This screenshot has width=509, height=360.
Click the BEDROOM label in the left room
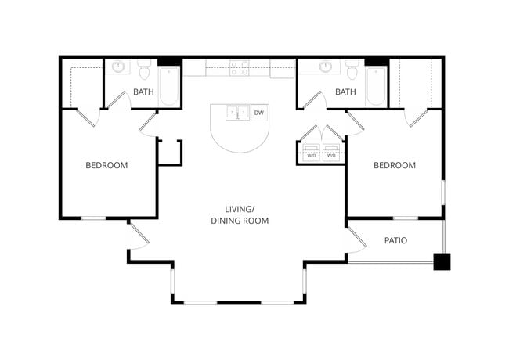pyautogui.click(x=106, y=165)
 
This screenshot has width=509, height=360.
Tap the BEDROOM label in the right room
pyautogui.click(x=394, y=165)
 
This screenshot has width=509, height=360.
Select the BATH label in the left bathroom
pyautogui.click(x=143, y=92)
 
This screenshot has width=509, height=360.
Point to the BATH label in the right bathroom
pyautogui.click(x=345, y=92)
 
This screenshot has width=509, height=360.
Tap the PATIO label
pyautogui.click(x=395, y=240)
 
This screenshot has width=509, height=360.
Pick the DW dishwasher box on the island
pyautogui.click(x=259, y=113)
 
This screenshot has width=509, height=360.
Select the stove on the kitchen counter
pyautogui.click(x=239, y=68)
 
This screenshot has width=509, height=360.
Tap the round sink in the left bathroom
pyautogui.click(x=119, y=67)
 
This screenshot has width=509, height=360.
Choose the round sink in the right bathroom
pyautogui.click(x=326, y=67)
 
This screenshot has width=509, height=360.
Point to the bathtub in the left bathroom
pyautogui.click(x=169, y=87)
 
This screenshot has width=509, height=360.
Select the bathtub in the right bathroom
pyautogui.click(x=376, y=87)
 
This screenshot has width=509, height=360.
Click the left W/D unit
pyautogui.click(x=311, y=152)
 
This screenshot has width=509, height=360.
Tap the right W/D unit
pyautogui.click(x=332, y=152)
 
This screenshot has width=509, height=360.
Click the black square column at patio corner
pyautogui.click(x=442, y=261)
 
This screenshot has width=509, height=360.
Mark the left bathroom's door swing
pyautogui.click(x=117, y=99)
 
